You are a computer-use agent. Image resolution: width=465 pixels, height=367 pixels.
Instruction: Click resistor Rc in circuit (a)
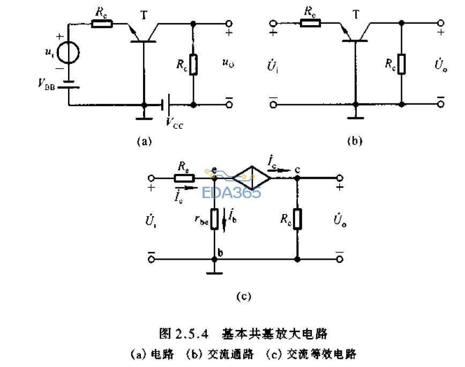click(194, 64)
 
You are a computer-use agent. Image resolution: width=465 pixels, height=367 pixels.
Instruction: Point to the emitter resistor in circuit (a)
click(102, 24)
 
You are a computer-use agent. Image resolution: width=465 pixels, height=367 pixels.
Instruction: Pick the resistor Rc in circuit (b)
click(401, 64)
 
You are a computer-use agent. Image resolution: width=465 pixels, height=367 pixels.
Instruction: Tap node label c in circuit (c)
click(297, 170)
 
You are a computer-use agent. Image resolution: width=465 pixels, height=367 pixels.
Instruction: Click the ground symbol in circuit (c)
click(214, 273)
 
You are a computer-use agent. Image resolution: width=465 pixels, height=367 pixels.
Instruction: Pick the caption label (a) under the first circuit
click(145, 141)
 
